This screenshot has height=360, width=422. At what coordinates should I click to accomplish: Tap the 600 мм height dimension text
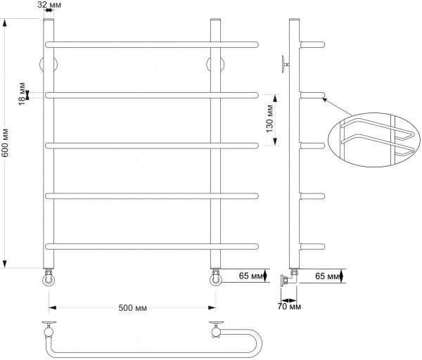coord(6,145)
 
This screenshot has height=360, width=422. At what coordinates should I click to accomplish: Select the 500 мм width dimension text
coord(132,308)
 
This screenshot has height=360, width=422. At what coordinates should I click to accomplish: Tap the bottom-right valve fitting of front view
coord(215,278)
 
